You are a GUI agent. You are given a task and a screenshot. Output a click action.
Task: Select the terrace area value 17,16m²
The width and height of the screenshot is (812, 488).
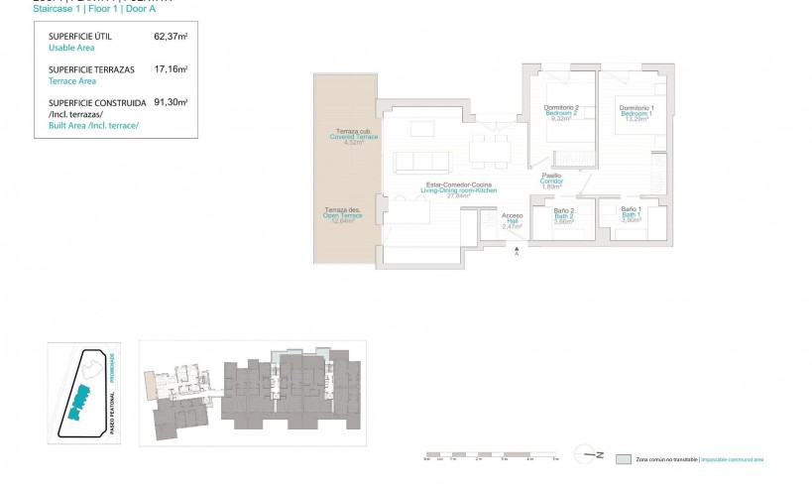(171, 69)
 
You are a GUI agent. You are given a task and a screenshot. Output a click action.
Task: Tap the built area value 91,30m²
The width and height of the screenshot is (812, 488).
(171, 101)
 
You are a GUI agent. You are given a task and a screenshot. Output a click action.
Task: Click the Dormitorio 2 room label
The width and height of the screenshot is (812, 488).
(561, 108)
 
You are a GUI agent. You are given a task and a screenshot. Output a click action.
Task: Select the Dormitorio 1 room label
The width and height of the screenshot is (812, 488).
(636, 108)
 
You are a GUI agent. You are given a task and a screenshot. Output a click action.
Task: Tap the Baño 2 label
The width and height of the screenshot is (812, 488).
(561, 210)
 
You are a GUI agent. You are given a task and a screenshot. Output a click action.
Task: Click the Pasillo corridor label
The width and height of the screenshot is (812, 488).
(551, 177)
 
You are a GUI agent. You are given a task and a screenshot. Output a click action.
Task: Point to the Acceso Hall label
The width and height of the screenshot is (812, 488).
(512, 216)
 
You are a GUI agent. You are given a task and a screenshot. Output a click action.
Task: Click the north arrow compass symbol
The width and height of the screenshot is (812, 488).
(592, 455)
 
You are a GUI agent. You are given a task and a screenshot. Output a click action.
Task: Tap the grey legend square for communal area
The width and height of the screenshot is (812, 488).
(623, 459)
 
